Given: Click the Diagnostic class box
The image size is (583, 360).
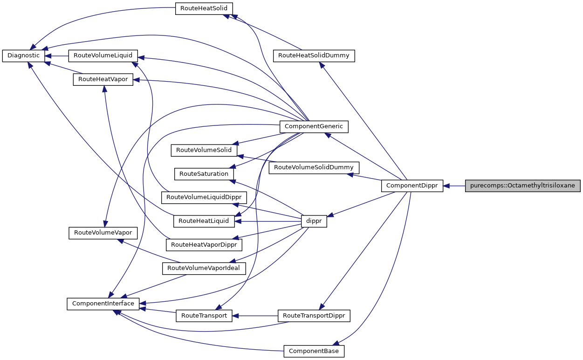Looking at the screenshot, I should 24,55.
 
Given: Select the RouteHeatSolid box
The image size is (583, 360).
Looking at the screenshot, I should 204,8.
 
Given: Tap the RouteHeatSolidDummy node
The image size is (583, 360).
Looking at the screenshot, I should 314,55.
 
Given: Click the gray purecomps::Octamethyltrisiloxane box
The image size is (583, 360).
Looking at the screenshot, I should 522,186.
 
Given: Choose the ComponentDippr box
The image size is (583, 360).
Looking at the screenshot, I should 412,186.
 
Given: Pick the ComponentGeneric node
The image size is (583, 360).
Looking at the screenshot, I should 314,126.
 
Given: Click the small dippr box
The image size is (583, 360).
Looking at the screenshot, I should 314,221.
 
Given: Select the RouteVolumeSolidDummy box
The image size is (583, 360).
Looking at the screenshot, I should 314,167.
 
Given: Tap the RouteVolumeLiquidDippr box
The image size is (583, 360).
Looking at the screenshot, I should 204,197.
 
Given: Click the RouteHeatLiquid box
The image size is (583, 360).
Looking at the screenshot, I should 204,221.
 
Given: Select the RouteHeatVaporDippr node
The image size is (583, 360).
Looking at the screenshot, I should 204,244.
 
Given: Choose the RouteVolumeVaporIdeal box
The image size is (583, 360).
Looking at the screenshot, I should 204,268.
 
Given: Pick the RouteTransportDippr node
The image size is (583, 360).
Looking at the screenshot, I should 314,316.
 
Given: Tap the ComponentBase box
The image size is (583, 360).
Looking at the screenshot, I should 314,351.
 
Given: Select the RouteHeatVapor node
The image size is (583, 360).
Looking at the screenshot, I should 103,79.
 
